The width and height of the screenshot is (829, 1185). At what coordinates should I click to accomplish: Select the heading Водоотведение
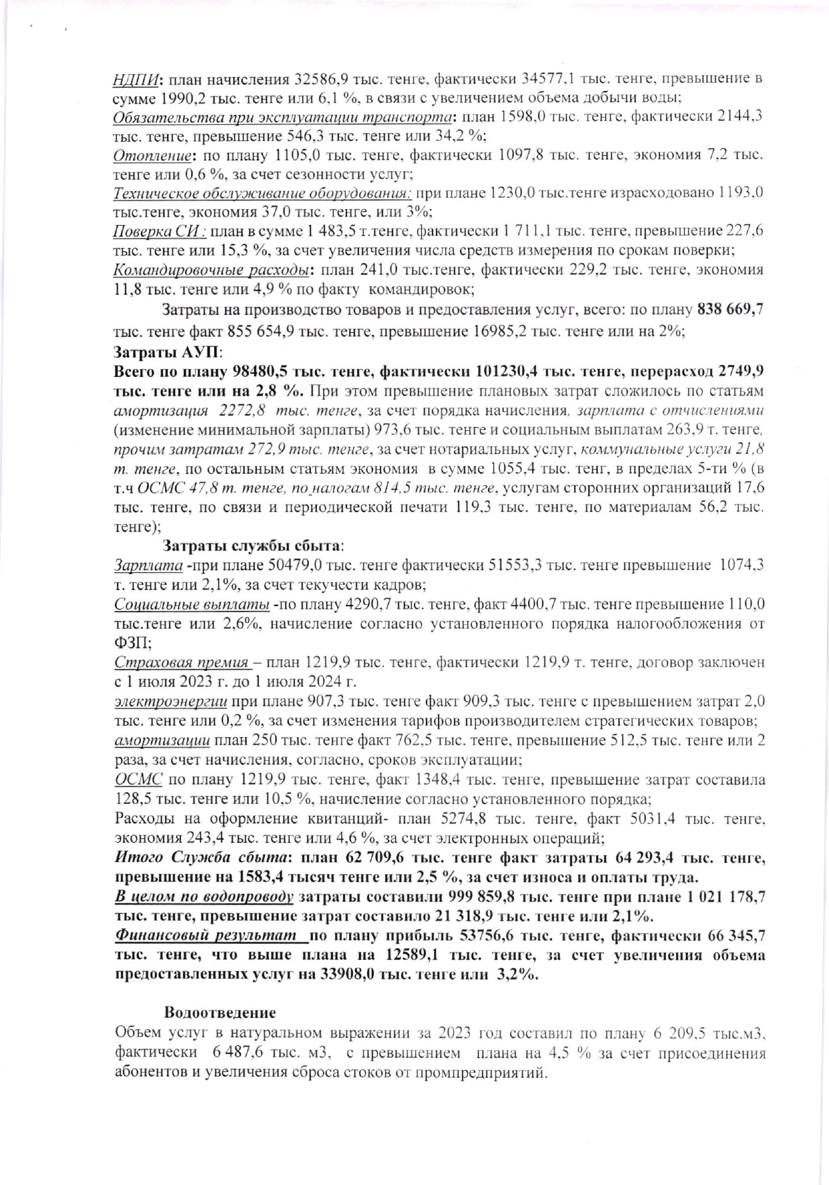(x=220, y=1013)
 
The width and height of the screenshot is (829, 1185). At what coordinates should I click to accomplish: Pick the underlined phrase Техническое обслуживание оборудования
(x=263, y=194)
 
